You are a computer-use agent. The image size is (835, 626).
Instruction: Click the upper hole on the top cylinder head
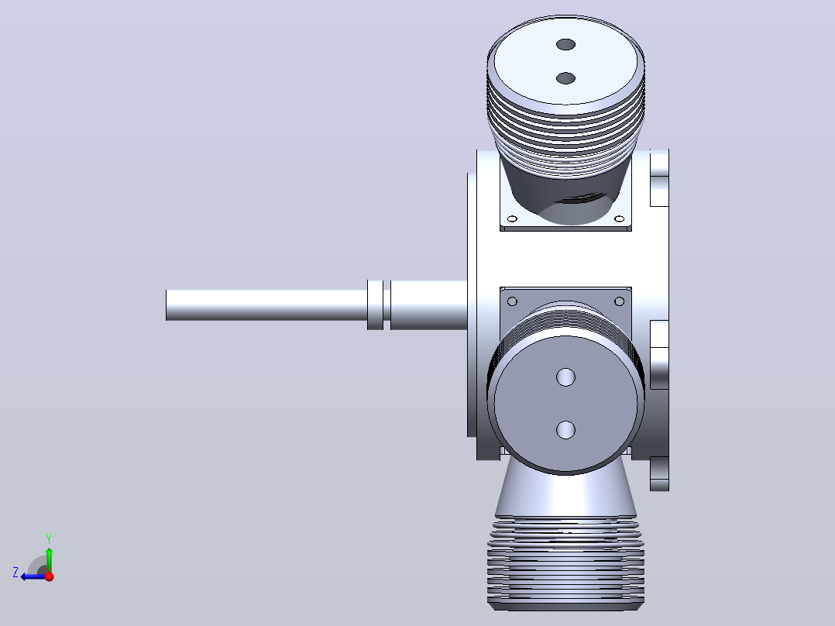point(565,44)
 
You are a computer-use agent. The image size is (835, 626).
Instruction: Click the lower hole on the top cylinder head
point(565,78)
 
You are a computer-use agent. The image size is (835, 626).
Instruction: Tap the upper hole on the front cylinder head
point(565,377)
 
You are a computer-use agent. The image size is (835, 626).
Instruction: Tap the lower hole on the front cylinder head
point(565,429)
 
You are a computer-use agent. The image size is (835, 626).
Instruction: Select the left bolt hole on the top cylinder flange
point(512,218)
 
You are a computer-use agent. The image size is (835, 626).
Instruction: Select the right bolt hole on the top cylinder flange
point(620,218)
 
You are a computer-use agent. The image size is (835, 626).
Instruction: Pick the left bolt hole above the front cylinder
point(512,301)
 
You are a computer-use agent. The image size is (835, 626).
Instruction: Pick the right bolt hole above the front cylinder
point(620,301)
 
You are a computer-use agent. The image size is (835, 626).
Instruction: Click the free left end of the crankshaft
point(167,305)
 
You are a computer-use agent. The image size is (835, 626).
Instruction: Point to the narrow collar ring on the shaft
point(375,304)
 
